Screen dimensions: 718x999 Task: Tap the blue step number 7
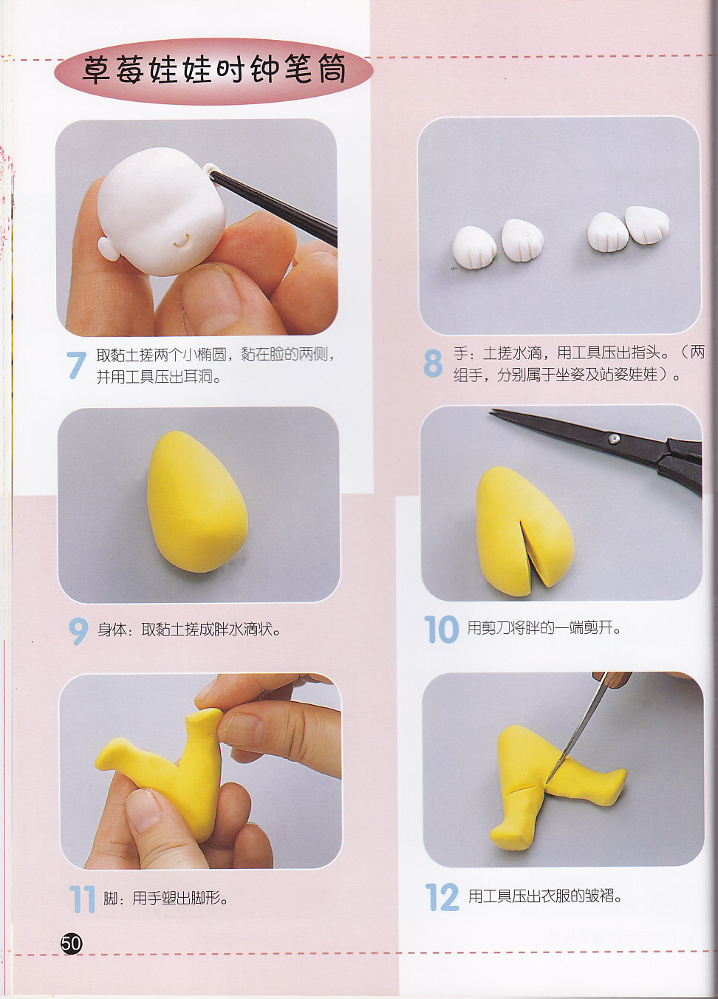76,365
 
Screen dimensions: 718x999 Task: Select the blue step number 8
433,364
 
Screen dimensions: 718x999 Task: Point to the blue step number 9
78,631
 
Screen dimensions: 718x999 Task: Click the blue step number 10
441,630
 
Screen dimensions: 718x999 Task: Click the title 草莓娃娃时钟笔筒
214,70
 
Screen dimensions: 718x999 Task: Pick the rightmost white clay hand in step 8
648,225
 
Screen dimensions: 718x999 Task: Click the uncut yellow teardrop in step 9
197,501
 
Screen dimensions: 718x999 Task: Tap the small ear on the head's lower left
108,249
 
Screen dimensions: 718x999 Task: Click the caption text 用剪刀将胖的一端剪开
544,628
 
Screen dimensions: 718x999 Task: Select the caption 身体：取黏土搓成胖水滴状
189,630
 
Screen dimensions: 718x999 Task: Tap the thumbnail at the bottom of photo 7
211,296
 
